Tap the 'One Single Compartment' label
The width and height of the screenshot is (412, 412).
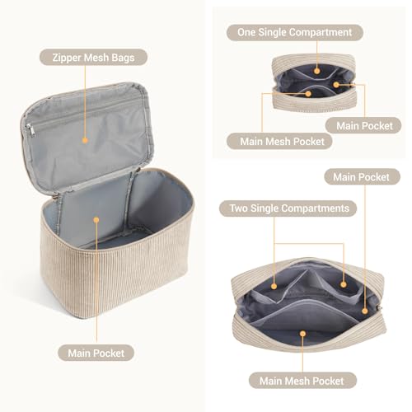coord(294,32)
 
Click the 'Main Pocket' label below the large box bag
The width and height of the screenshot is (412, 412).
coord(96,353)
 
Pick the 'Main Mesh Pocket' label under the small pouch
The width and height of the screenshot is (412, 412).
coord(271,141)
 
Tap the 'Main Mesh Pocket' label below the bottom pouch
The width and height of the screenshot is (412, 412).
coord(302,381)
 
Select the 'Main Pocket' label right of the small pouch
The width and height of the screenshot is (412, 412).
coord(358,125)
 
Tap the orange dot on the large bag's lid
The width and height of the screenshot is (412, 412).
coord(86,140)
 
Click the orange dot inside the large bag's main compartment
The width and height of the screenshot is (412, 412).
coord(96,221)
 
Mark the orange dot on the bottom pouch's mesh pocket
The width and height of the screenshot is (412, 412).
coord(302,335)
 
